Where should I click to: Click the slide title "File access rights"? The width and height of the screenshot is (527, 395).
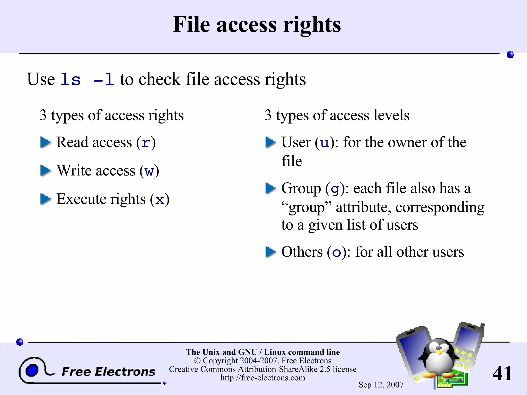pos(257,25)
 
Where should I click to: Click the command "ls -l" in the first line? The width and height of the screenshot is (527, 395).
pos(87,80)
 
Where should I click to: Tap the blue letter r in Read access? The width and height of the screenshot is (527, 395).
pos(146,143)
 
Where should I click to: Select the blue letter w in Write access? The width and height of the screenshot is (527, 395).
pos(149,171)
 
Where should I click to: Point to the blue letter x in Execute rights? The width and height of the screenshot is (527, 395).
pos(160,200)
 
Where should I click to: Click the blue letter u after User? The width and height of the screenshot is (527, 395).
pos(324,143)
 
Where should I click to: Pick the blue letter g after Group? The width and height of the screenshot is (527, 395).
pos(335,189)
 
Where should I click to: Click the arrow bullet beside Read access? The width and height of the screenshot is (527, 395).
pos(46,142)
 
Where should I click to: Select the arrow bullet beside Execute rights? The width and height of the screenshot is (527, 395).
pos(46,199)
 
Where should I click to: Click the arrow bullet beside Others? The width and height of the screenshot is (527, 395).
pos(270,252)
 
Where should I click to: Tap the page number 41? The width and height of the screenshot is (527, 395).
pos(502,373)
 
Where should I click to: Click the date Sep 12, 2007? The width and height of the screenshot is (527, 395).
pos(381,385)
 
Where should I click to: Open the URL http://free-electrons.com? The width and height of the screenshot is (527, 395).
pos(263,378)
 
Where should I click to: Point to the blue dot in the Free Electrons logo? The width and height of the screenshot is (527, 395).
pos(32,370)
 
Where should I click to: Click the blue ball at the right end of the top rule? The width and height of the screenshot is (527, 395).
pos(510,55)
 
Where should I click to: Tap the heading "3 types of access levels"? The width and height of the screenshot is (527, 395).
pos(337,115)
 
